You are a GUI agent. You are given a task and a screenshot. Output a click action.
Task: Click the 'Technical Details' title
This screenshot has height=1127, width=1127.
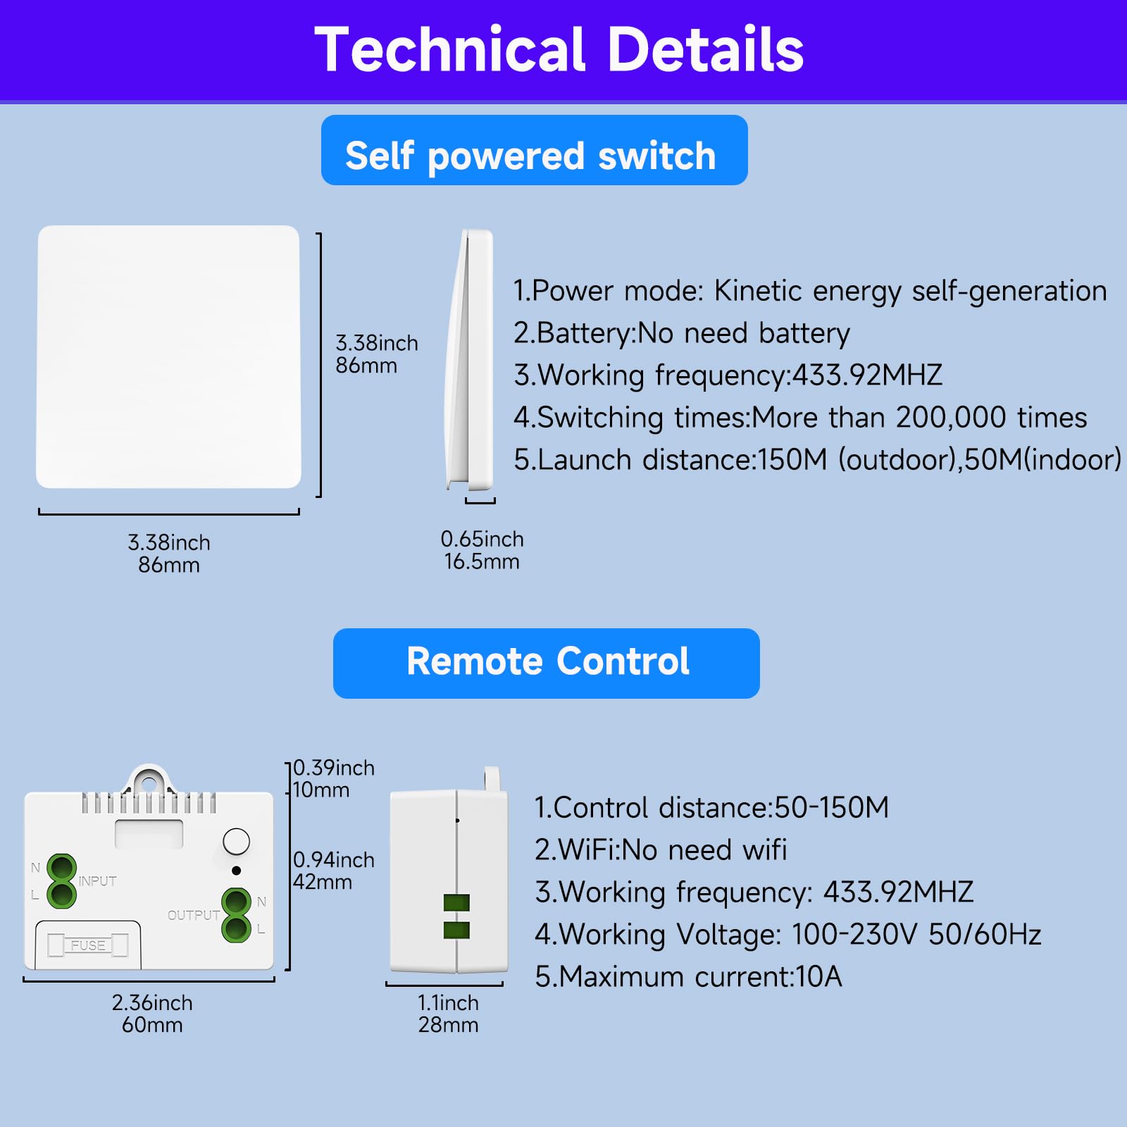point(559,49)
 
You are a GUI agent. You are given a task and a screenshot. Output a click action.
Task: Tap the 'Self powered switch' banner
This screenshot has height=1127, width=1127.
point(534,150)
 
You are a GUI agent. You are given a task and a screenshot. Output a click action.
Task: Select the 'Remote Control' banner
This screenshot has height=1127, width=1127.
point(547,663)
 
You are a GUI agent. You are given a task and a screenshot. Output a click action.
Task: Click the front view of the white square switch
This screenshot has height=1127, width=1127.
point(169,356)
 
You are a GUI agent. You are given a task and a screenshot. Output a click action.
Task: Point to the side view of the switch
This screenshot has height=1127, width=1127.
point(470,359)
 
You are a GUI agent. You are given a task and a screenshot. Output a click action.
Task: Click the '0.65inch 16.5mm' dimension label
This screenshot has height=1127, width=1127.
point(482,550)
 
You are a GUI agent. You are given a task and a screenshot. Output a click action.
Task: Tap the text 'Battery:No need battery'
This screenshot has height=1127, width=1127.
point(682,333)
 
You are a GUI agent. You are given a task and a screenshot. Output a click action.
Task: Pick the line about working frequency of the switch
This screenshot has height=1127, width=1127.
point(728,375)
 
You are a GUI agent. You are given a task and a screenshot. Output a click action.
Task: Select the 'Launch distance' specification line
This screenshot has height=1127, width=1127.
point(817,460)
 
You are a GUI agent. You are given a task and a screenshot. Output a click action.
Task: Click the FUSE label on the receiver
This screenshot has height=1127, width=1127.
point(88,945)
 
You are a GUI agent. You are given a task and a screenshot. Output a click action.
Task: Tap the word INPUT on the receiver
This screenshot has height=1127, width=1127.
point(97,881)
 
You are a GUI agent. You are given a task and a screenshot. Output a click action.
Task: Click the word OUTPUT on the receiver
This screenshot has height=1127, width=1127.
point(194,915)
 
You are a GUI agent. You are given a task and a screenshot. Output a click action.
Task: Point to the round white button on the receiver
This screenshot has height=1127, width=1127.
point(236,842)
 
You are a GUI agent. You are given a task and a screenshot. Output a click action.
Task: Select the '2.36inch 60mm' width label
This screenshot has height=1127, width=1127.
point(152,1014)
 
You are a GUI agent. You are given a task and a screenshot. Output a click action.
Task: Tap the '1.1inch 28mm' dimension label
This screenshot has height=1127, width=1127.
point(448,1014)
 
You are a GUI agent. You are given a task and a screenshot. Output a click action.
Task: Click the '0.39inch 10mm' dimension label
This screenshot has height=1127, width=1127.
point(333,778)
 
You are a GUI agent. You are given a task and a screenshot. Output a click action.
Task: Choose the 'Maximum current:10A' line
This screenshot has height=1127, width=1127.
point(688,977)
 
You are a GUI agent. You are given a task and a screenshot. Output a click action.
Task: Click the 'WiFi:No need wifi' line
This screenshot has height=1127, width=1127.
point(661,850)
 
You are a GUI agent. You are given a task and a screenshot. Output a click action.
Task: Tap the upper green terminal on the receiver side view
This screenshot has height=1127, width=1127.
point(456,902)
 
